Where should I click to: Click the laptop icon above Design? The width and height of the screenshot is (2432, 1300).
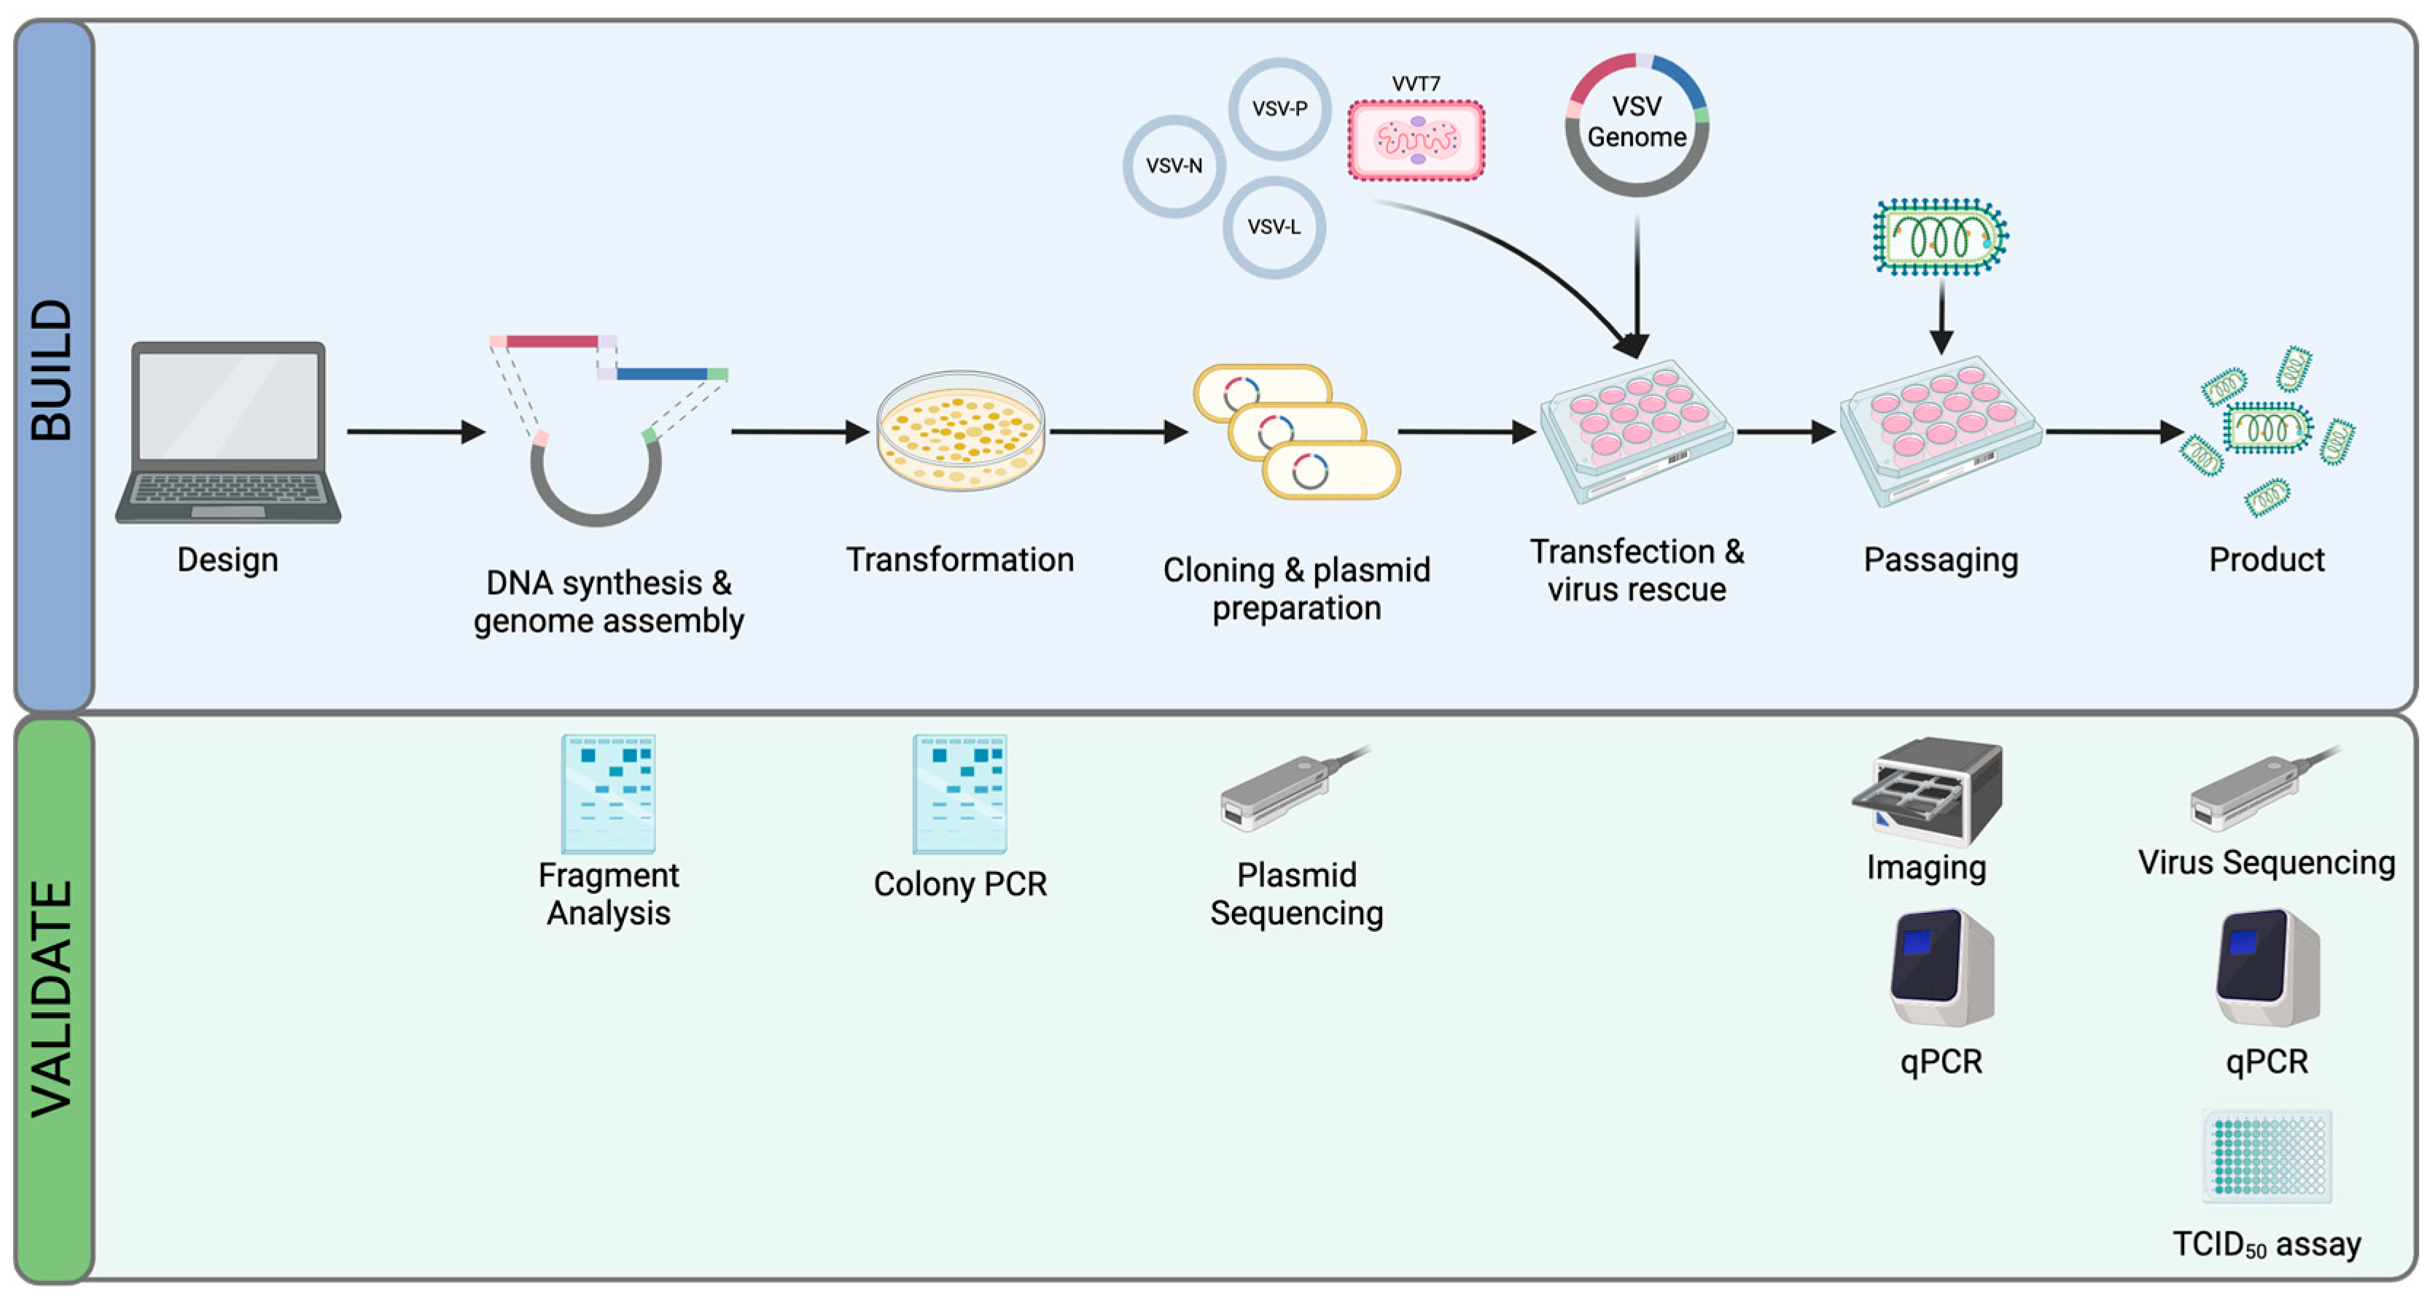[228, 432]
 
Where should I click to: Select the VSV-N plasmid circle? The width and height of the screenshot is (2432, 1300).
[1174, 166]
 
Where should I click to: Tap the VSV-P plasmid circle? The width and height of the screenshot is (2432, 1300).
[1279, 109]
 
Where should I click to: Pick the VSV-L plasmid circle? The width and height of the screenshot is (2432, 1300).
[1274, 227]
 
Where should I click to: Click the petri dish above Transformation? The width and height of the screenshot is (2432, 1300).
[960, 430]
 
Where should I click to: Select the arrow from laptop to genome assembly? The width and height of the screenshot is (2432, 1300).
[416, 432]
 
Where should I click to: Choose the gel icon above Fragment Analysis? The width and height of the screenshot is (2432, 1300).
[608, 794]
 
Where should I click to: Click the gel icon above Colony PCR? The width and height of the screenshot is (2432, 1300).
[959, 794]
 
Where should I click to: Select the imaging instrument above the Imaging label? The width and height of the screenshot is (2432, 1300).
[1929, 791]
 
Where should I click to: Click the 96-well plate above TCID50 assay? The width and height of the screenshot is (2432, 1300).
[2266, 1156]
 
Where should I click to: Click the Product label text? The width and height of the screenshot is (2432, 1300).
[2266, 560]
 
